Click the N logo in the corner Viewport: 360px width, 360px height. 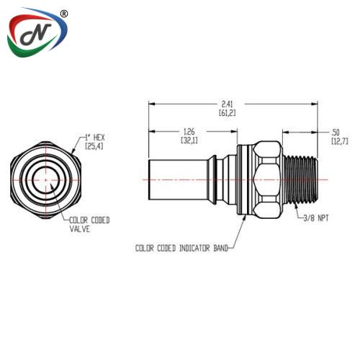[37, 33]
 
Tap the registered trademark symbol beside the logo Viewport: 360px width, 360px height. [63, 14]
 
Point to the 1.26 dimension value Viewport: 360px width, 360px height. [189, 132]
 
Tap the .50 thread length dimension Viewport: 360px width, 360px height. [336, 132]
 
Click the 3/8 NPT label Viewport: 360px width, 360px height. [316, 218]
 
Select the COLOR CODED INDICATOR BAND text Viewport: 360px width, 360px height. [181, 248]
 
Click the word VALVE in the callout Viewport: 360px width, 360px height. [80, 229]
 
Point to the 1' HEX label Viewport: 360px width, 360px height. [95, 138]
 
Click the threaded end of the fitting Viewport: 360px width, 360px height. [300, 179]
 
